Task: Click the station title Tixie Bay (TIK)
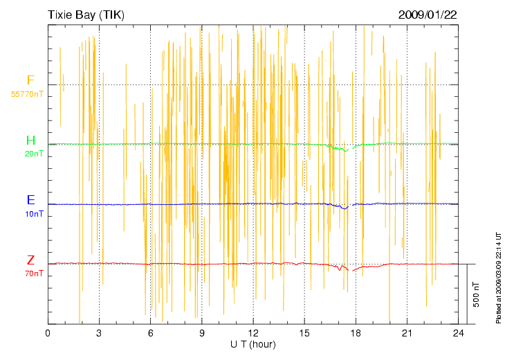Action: click(x=86, y=14)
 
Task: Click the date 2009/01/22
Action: click(x=428, y=14)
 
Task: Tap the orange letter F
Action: click(x=30, y=80)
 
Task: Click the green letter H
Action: click(x=30, y=141)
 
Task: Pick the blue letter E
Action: click(x=30, y=200)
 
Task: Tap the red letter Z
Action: click(x=30, y=260)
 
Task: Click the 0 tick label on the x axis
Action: click(x=48, y=334)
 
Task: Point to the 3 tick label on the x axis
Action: click(x=99, y=334)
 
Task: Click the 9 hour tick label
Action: click(x=201, y=334)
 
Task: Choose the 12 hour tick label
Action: click(x=252, y=334)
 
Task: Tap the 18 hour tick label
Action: click(x=356, y=334)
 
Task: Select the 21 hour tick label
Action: click(x=407, y=334)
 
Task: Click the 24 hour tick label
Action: click(x=458, y=334)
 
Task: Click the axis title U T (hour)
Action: click(x=252, y=344)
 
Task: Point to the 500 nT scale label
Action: click(x=476, y=294)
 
